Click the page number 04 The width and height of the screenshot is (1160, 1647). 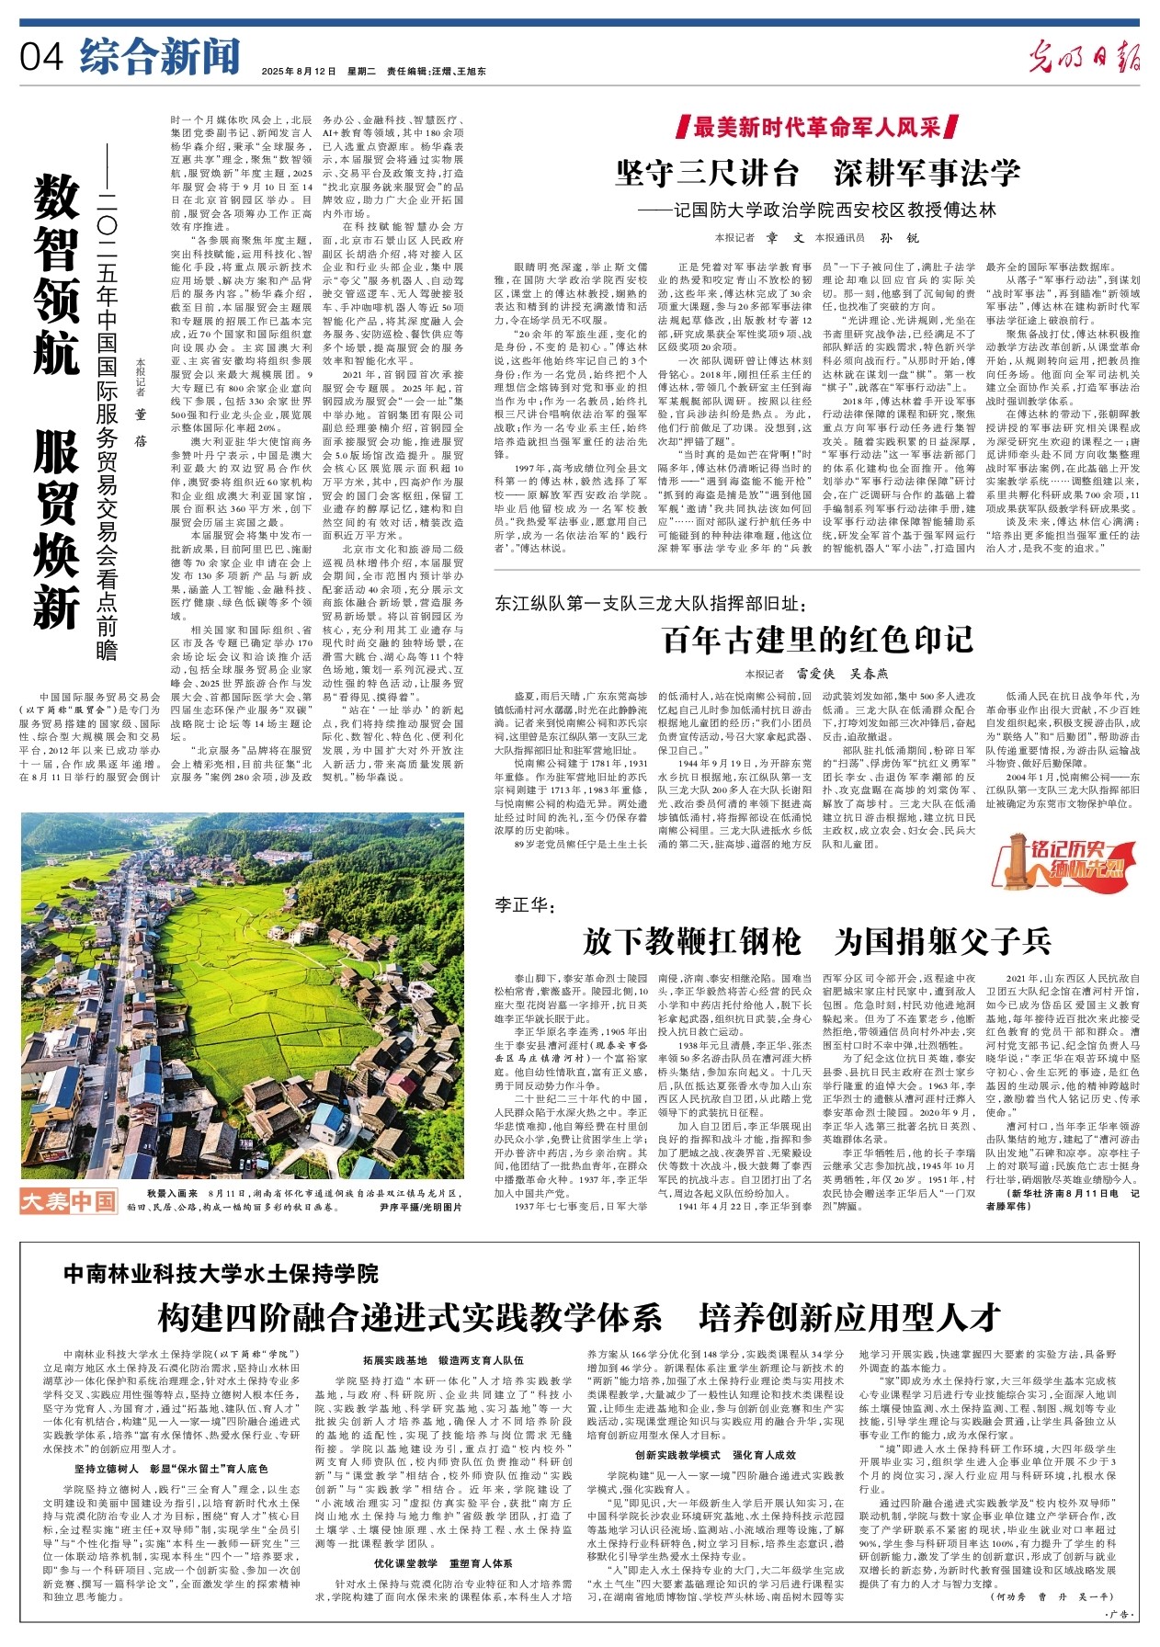click(40, 57)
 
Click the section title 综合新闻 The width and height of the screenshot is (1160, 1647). click(159, 56)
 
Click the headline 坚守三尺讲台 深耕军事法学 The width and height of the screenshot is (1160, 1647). click(817, 172)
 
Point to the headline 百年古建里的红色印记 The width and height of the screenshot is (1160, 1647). click(817, 639)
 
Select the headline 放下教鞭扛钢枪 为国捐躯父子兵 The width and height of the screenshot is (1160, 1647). click(817, 941)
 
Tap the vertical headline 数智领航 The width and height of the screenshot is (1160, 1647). click(57, 276)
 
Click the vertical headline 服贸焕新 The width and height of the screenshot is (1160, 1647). click(57, 528)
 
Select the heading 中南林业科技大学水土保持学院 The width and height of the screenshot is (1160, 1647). click(221, 1274)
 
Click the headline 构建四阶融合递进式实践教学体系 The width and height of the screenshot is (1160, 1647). click(409, 1317)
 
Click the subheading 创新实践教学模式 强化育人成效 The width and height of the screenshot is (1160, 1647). click(715, 1455)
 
